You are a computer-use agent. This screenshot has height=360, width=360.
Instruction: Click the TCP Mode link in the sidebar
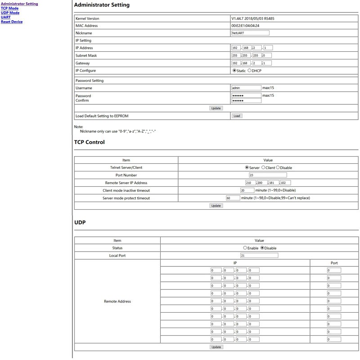tap(9, 8)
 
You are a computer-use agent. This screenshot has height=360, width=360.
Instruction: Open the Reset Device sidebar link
tap(12, 22)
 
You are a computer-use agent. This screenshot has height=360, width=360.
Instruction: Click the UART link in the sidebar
tap(5, 17)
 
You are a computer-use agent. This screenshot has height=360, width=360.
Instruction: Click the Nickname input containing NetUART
tap(250, 33)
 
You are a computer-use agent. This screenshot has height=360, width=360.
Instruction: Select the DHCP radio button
tap(249, 71)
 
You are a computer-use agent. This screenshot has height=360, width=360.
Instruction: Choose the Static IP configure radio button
tap(234, 71)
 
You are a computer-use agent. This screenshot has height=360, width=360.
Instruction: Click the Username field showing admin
tap(246, 88)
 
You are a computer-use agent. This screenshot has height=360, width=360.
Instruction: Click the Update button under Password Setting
tap(216, 108)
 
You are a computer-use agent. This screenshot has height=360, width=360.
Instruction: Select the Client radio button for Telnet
tap(263, 167)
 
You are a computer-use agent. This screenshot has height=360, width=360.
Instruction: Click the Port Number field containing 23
tap(267, 175)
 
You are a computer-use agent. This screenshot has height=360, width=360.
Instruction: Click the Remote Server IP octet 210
tap(250, 183)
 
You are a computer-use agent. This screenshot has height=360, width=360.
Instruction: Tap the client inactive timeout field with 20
tap(247, 190)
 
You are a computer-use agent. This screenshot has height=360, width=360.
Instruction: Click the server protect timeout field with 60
tap(233, 198)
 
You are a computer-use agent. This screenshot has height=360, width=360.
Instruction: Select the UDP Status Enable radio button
tap(245, 248)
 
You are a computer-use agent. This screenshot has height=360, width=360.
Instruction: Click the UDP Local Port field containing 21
tap(259, 256)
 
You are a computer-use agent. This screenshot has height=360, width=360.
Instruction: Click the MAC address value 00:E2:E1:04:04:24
tap(245, 26)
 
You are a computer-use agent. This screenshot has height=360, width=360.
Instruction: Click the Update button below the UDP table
tap(216, 347)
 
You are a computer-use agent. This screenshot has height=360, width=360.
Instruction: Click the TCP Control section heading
tap(89, 142)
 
